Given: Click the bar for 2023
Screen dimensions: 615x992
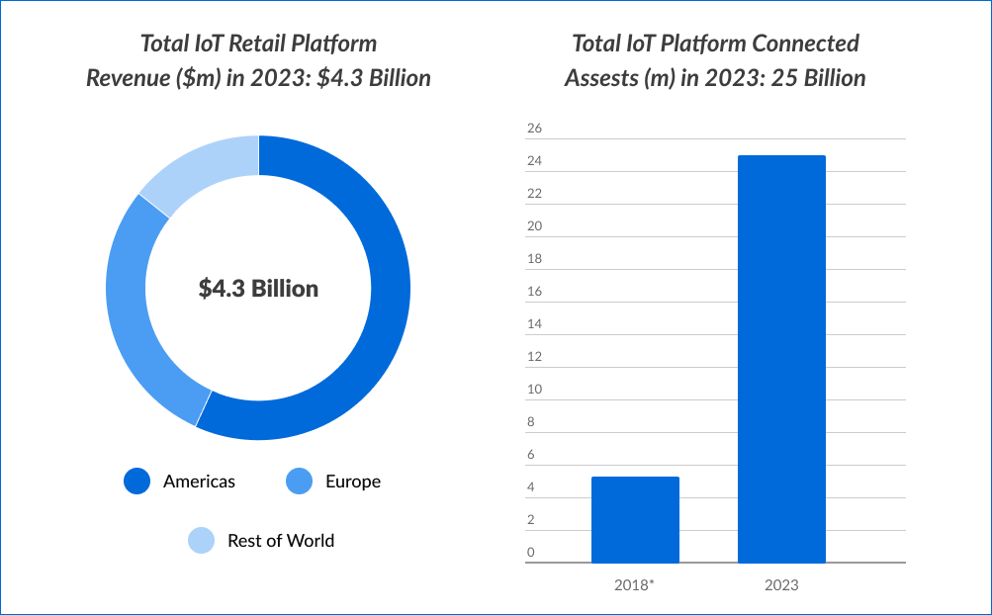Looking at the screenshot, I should [781, 359].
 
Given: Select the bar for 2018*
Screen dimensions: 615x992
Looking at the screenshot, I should [635, 520].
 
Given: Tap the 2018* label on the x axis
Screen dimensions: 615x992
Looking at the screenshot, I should [635, 585].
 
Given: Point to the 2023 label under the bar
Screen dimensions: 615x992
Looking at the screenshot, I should [781, 585].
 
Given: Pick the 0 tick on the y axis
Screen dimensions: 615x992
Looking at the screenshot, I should [531, 552].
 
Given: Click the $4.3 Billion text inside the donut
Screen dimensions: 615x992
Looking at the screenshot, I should [258, 289].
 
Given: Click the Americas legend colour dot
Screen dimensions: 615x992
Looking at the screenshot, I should [137, 482].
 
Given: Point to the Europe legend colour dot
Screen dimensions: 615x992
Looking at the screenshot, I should [299, 482].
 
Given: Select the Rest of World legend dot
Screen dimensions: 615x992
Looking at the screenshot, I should [202, 541].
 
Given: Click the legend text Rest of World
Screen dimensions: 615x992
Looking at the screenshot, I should [281, 541].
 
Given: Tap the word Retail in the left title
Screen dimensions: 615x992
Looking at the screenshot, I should [260, 44].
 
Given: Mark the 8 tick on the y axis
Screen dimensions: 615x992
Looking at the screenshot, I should [531, 421].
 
